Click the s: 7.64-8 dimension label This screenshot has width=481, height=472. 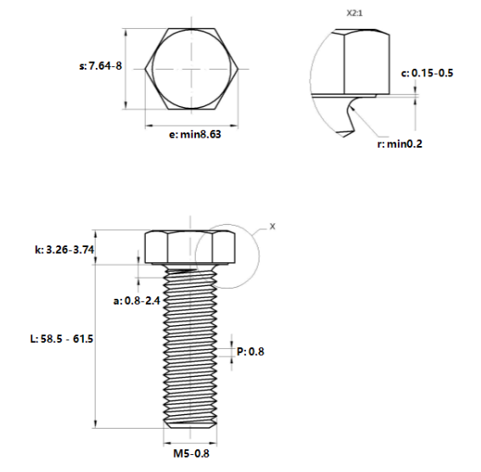click(x=101, y=66)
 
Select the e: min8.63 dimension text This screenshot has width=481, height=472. click(x=195, y=134)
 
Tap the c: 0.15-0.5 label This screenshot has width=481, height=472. click(x=427, y=73)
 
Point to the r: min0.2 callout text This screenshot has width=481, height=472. click(x=400, y=143)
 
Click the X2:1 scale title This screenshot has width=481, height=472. click(x=355, y=14)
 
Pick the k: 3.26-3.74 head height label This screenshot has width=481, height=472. click(x=64, y=250)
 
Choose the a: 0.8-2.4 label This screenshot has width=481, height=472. click(x=137, y=301)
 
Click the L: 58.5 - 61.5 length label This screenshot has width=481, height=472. click(x=62, y=339)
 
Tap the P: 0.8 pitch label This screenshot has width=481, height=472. click(x=250, y=351)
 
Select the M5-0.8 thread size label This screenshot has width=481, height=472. click(x=191, y=453)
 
